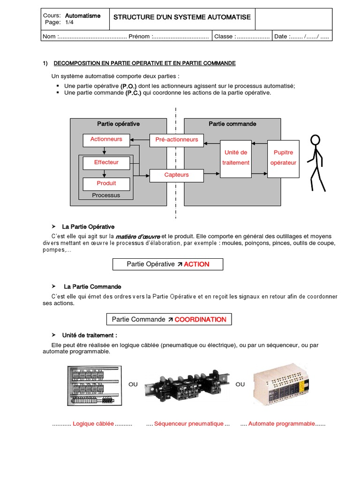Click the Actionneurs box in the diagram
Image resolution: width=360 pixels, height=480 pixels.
click(106, 139)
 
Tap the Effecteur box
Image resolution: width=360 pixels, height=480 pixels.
click(106, 163)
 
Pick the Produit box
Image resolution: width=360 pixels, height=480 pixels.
click(106, 183)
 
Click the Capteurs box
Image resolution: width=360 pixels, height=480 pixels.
click(176, 175)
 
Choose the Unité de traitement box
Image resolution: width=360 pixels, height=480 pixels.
click(236, 158)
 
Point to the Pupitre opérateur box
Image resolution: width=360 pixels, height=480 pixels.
click(283, 158)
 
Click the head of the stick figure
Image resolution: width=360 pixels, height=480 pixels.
click(315, 140)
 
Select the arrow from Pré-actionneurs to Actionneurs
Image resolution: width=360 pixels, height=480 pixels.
click(140, 139)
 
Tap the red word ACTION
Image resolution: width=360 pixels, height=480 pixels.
click(196, 264)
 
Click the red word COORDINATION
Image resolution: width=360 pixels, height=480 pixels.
click(200, 320)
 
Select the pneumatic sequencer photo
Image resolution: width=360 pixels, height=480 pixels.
click(187, 385)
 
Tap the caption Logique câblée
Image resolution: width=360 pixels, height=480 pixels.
click(93, 424)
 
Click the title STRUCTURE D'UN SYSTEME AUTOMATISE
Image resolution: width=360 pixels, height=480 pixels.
click(182, 17)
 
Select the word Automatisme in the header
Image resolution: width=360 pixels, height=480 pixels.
click(82, 15)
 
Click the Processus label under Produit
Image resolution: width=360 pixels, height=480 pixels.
click(106, 195)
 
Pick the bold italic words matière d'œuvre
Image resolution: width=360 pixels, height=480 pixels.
click(138, 236)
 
